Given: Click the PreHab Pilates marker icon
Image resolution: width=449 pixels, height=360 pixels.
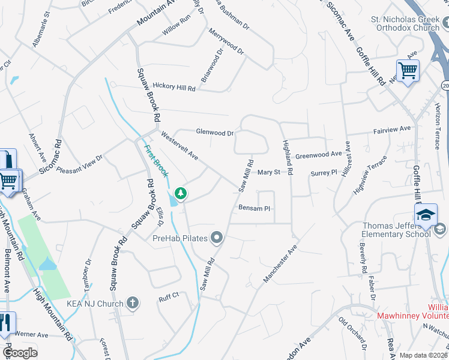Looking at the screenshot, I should pyautogui.click(x=217, y=238).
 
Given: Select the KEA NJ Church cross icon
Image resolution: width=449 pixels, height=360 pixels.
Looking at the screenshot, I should pyautogui.click(x=133, y=304).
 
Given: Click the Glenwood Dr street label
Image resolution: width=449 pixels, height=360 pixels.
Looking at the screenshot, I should pyautogui.click(x=214, y=132).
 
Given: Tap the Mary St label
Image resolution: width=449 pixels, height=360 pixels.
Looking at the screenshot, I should pyautogui.click(x=269, y=173).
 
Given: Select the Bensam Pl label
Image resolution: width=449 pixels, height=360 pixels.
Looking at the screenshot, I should pyautogui.click(x=255, y=208).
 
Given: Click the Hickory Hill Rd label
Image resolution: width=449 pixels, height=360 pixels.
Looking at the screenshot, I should pyautogui.click(x=174, y=88).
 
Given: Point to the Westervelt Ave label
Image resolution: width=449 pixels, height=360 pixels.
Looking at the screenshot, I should pyautogui.click(x=179, y=146).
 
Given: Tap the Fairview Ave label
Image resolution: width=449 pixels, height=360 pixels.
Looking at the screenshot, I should pyautogui.click(x=392, y=129).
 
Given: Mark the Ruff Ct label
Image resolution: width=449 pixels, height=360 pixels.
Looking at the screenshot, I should pyautogui.click(x=169, y=295).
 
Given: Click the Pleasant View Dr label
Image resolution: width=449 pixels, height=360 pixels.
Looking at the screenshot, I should pyautogui.click(x=80, y=164).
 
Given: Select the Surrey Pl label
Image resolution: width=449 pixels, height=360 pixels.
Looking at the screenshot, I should pyautogui.click(x=324, y=173).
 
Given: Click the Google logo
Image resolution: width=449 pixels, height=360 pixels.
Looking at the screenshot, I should pyautogui.click(x=20, y=352).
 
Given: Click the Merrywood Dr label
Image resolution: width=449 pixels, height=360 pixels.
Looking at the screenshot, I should pyautogui.click(x=226, y=41).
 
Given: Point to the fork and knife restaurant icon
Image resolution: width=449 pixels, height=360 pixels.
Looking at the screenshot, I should pyautogui.click(x=5, y=323).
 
